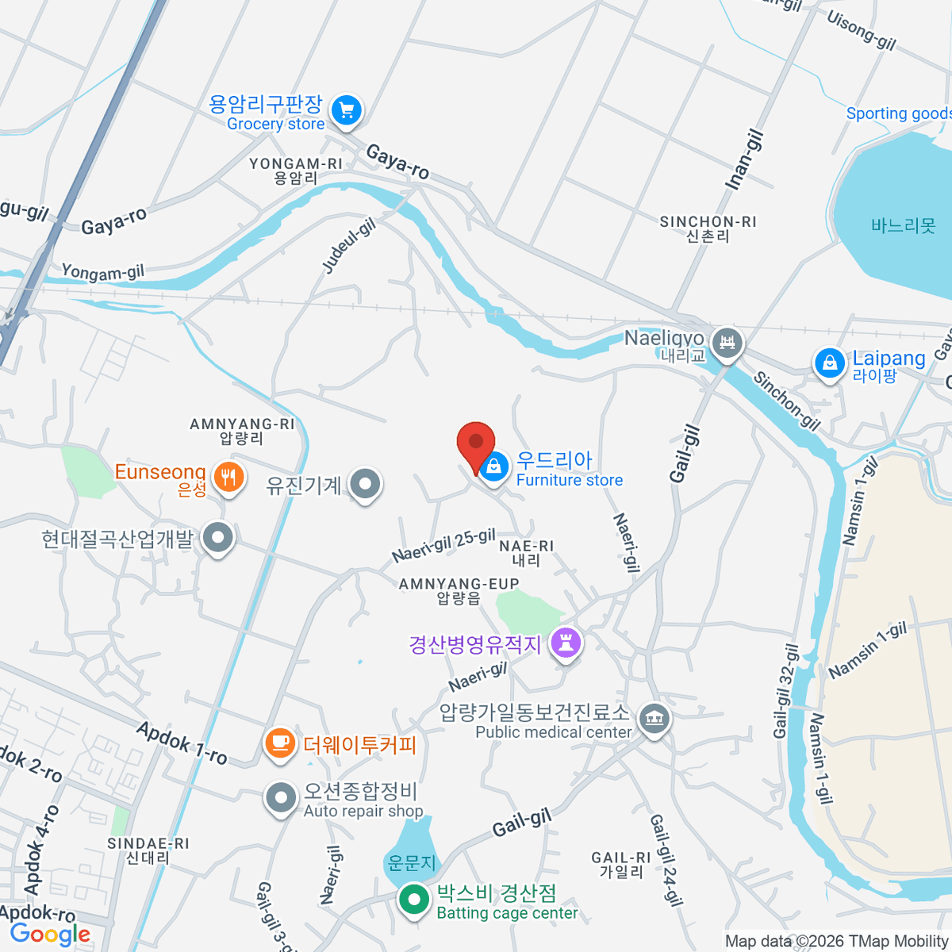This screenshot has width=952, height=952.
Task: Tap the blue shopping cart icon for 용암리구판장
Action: (346, 109)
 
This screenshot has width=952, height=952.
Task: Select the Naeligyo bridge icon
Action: (727, 343)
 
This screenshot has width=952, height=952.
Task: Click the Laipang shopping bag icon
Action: (829, 363)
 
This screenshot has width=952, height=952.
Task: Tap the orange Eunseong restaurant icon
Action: (228, 477)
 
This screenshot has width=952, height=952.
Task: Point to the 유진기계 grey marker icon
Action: (366, 483)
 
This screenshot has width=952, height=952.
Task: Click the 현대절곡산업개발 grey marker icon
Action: (217, 539)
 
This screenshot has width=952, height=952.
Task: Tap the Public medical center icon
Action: (653, 720)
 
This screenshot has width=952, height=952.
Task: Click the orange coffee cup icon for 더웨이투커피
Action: (278, 743)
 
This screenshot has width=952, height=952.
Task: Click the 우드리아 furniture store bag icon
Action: (494, 467)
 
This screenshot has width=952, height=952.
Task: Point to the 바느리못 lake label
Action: (903, 226)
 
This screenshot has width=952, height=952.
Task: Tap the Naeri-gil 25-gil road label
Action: (443, 546)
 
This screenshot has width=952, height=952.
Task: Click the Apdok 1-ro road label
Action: (182, 743)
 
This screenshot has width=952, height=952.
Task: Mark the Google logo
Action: (51, 934)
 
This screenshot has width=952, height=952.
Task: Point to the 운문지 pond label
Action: (411, 862)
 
